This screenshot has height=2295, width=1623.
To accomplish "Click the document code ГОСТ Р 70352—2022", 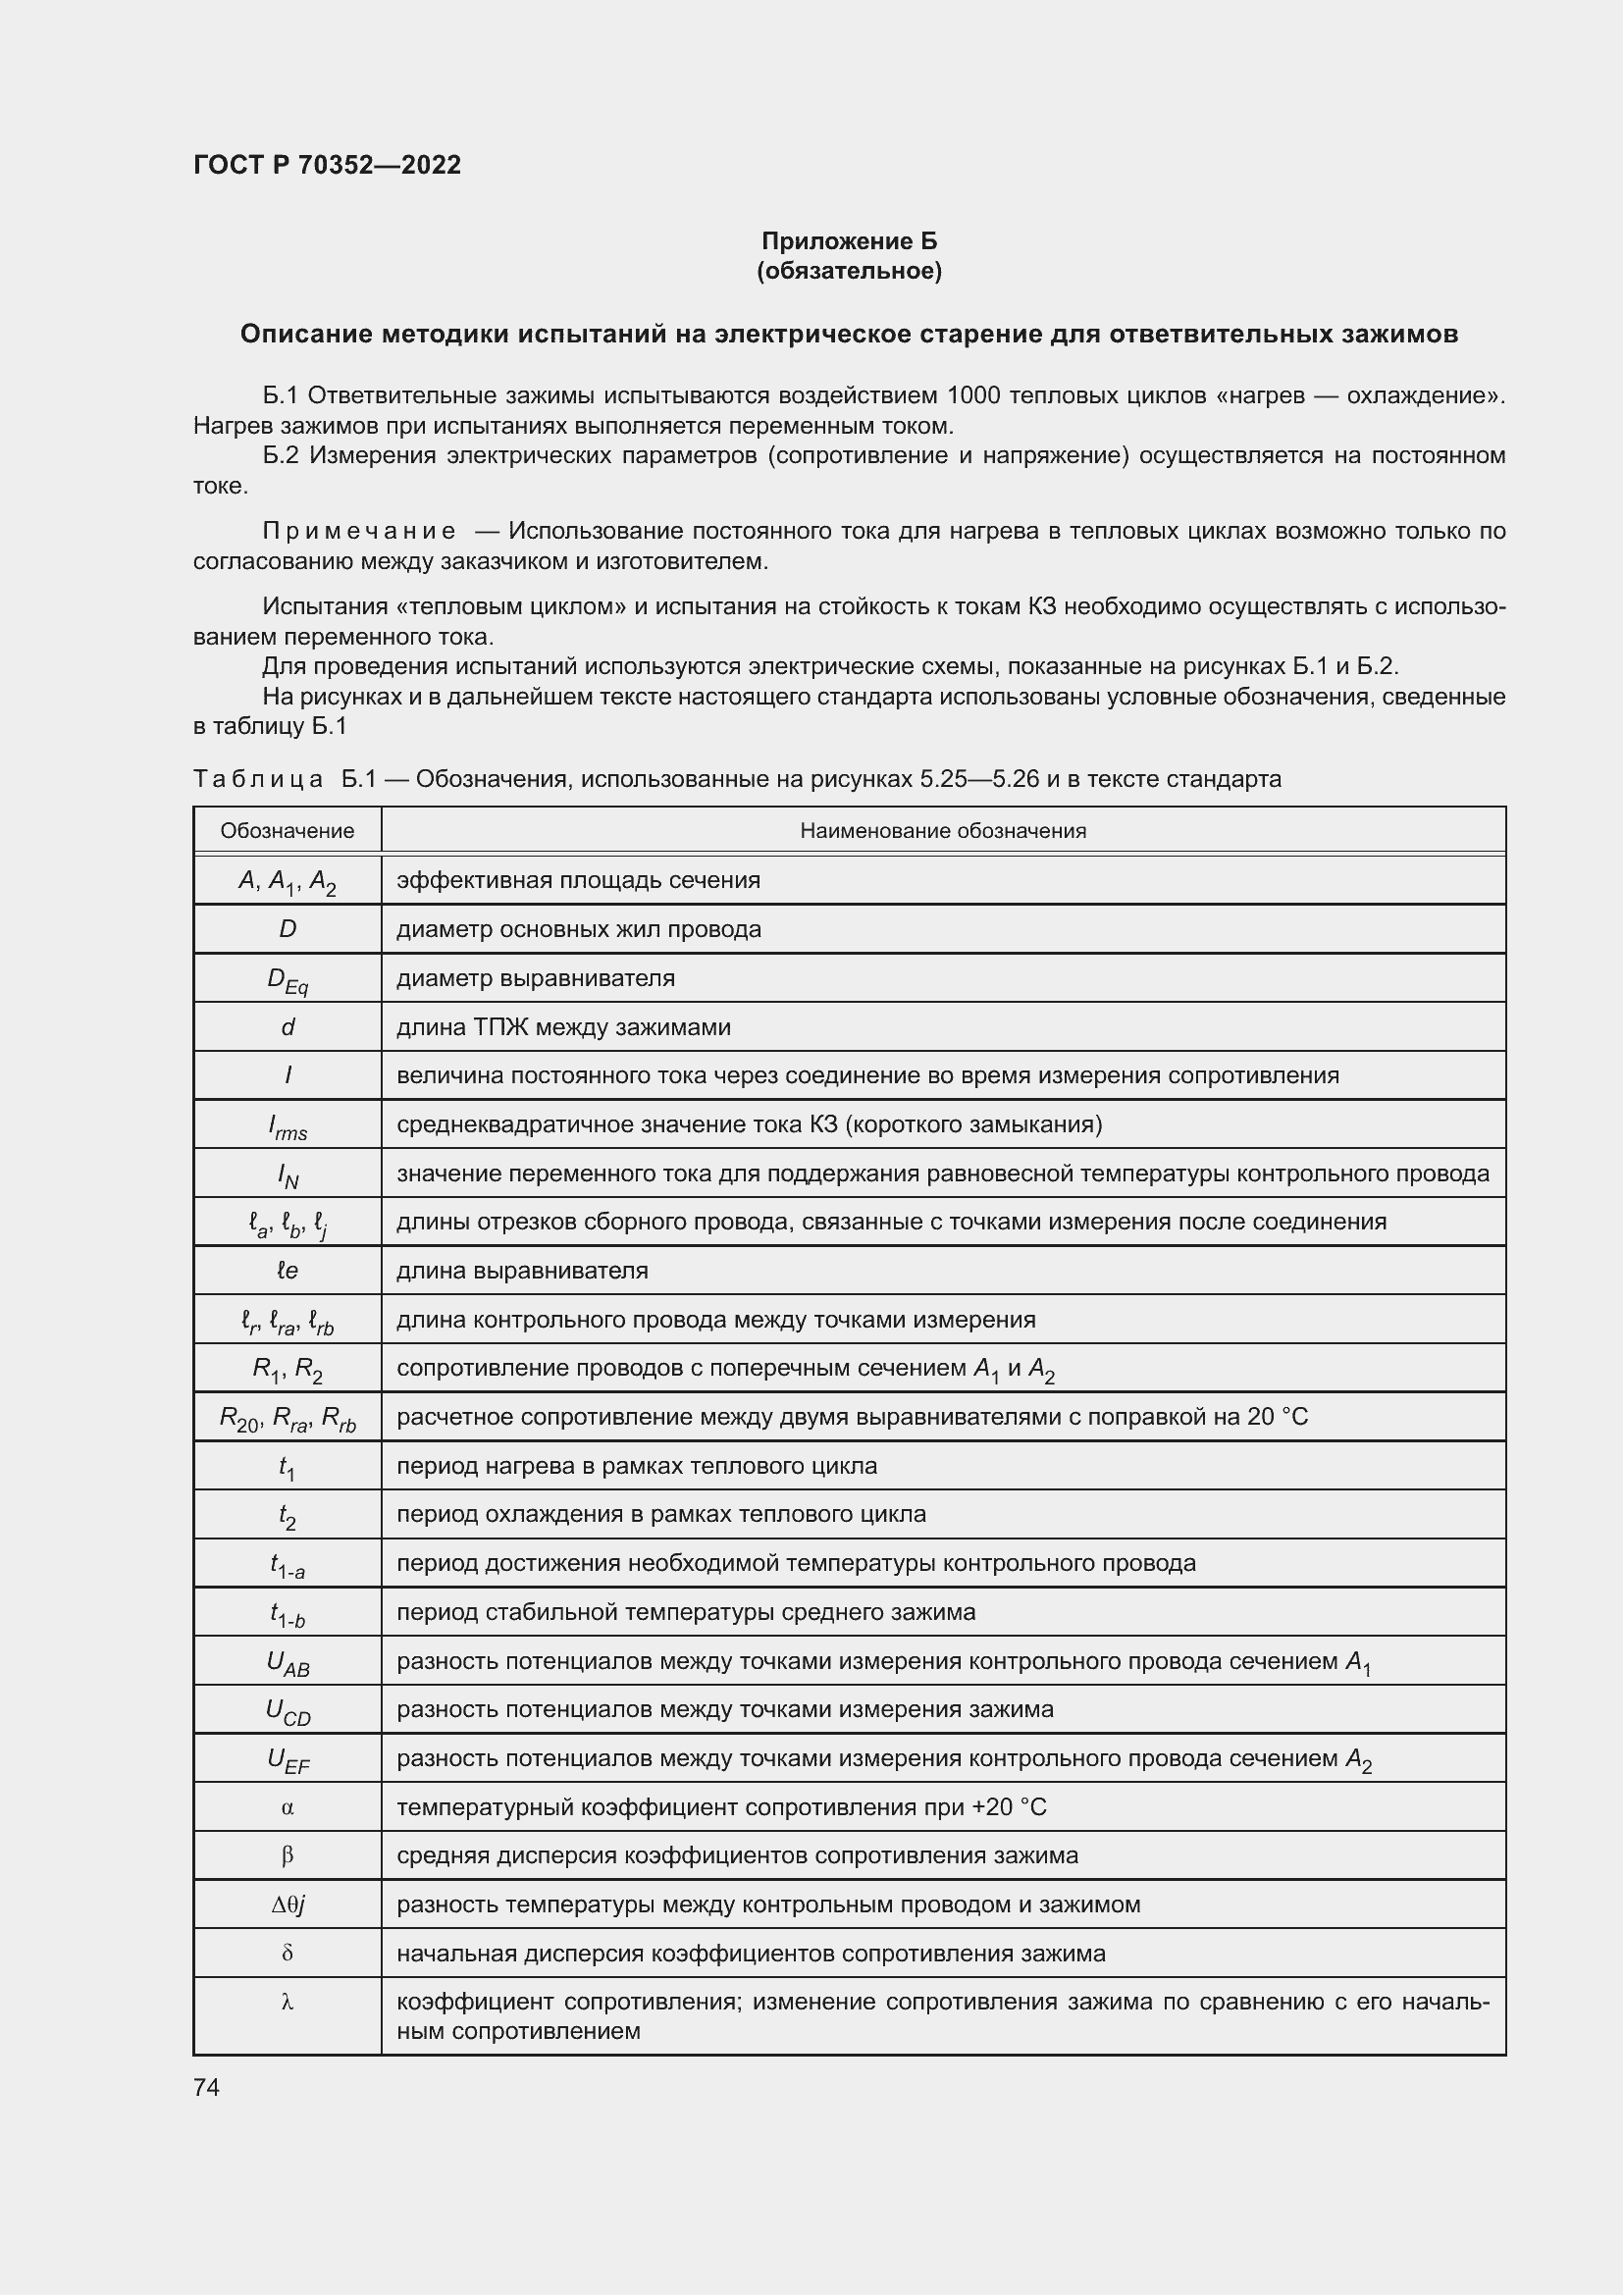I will [x=327, y=165].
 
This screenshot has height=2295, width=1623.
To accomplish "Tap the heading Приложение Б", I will [x=849, y=241].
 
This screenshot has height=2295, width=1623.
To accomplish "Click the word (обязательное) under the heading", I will [x=849, y=271].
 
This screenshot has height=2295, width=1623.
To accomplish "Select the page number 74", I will [x=207, y=2087].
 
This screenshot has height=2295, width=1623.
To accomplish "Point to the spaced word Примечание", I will [x=359, y=531].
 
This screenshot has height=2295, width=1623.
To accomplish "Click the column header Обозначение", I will [x=287, y=831].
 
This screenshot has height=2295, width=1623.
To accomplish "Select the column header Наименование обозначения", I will [x=942, y=831].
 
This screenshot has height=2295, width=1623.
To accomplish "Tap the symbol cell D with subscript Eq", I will [x=287, y=980].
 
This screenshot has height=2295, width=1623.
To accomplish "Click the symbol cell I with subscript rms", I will [x=287, y=1126].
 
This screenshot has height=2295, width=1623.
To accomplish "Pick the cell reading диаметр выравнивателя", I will [x=536, y=978].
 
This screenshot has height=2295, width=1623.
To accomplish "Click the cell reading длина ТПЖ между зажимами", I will [x=563, y=1027].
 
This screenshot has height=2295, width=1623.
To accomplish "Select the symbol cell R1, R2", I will [x=287, y=1370].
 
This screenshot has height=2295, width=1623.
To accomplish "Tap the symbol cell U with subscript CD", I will [x=287, y=1712].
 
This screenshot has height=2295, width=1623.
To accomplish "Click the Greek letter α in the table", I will [x=287, y=1807].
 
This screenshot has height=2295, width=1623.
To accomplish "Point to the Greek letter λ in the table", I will [x=287, y=2003].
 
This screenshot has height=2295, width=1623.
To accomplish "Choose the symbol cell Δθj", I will [x=287, y=1904].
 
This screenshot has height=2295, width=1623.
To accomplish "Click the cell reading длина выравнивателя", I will [x=523, y=1272].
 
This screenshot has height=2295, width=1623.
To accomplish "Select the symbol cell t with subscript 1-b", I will [x=287, y=1614].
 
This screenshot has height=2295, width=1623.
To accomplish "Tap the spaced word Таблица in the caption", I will [x=258, y=779].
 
